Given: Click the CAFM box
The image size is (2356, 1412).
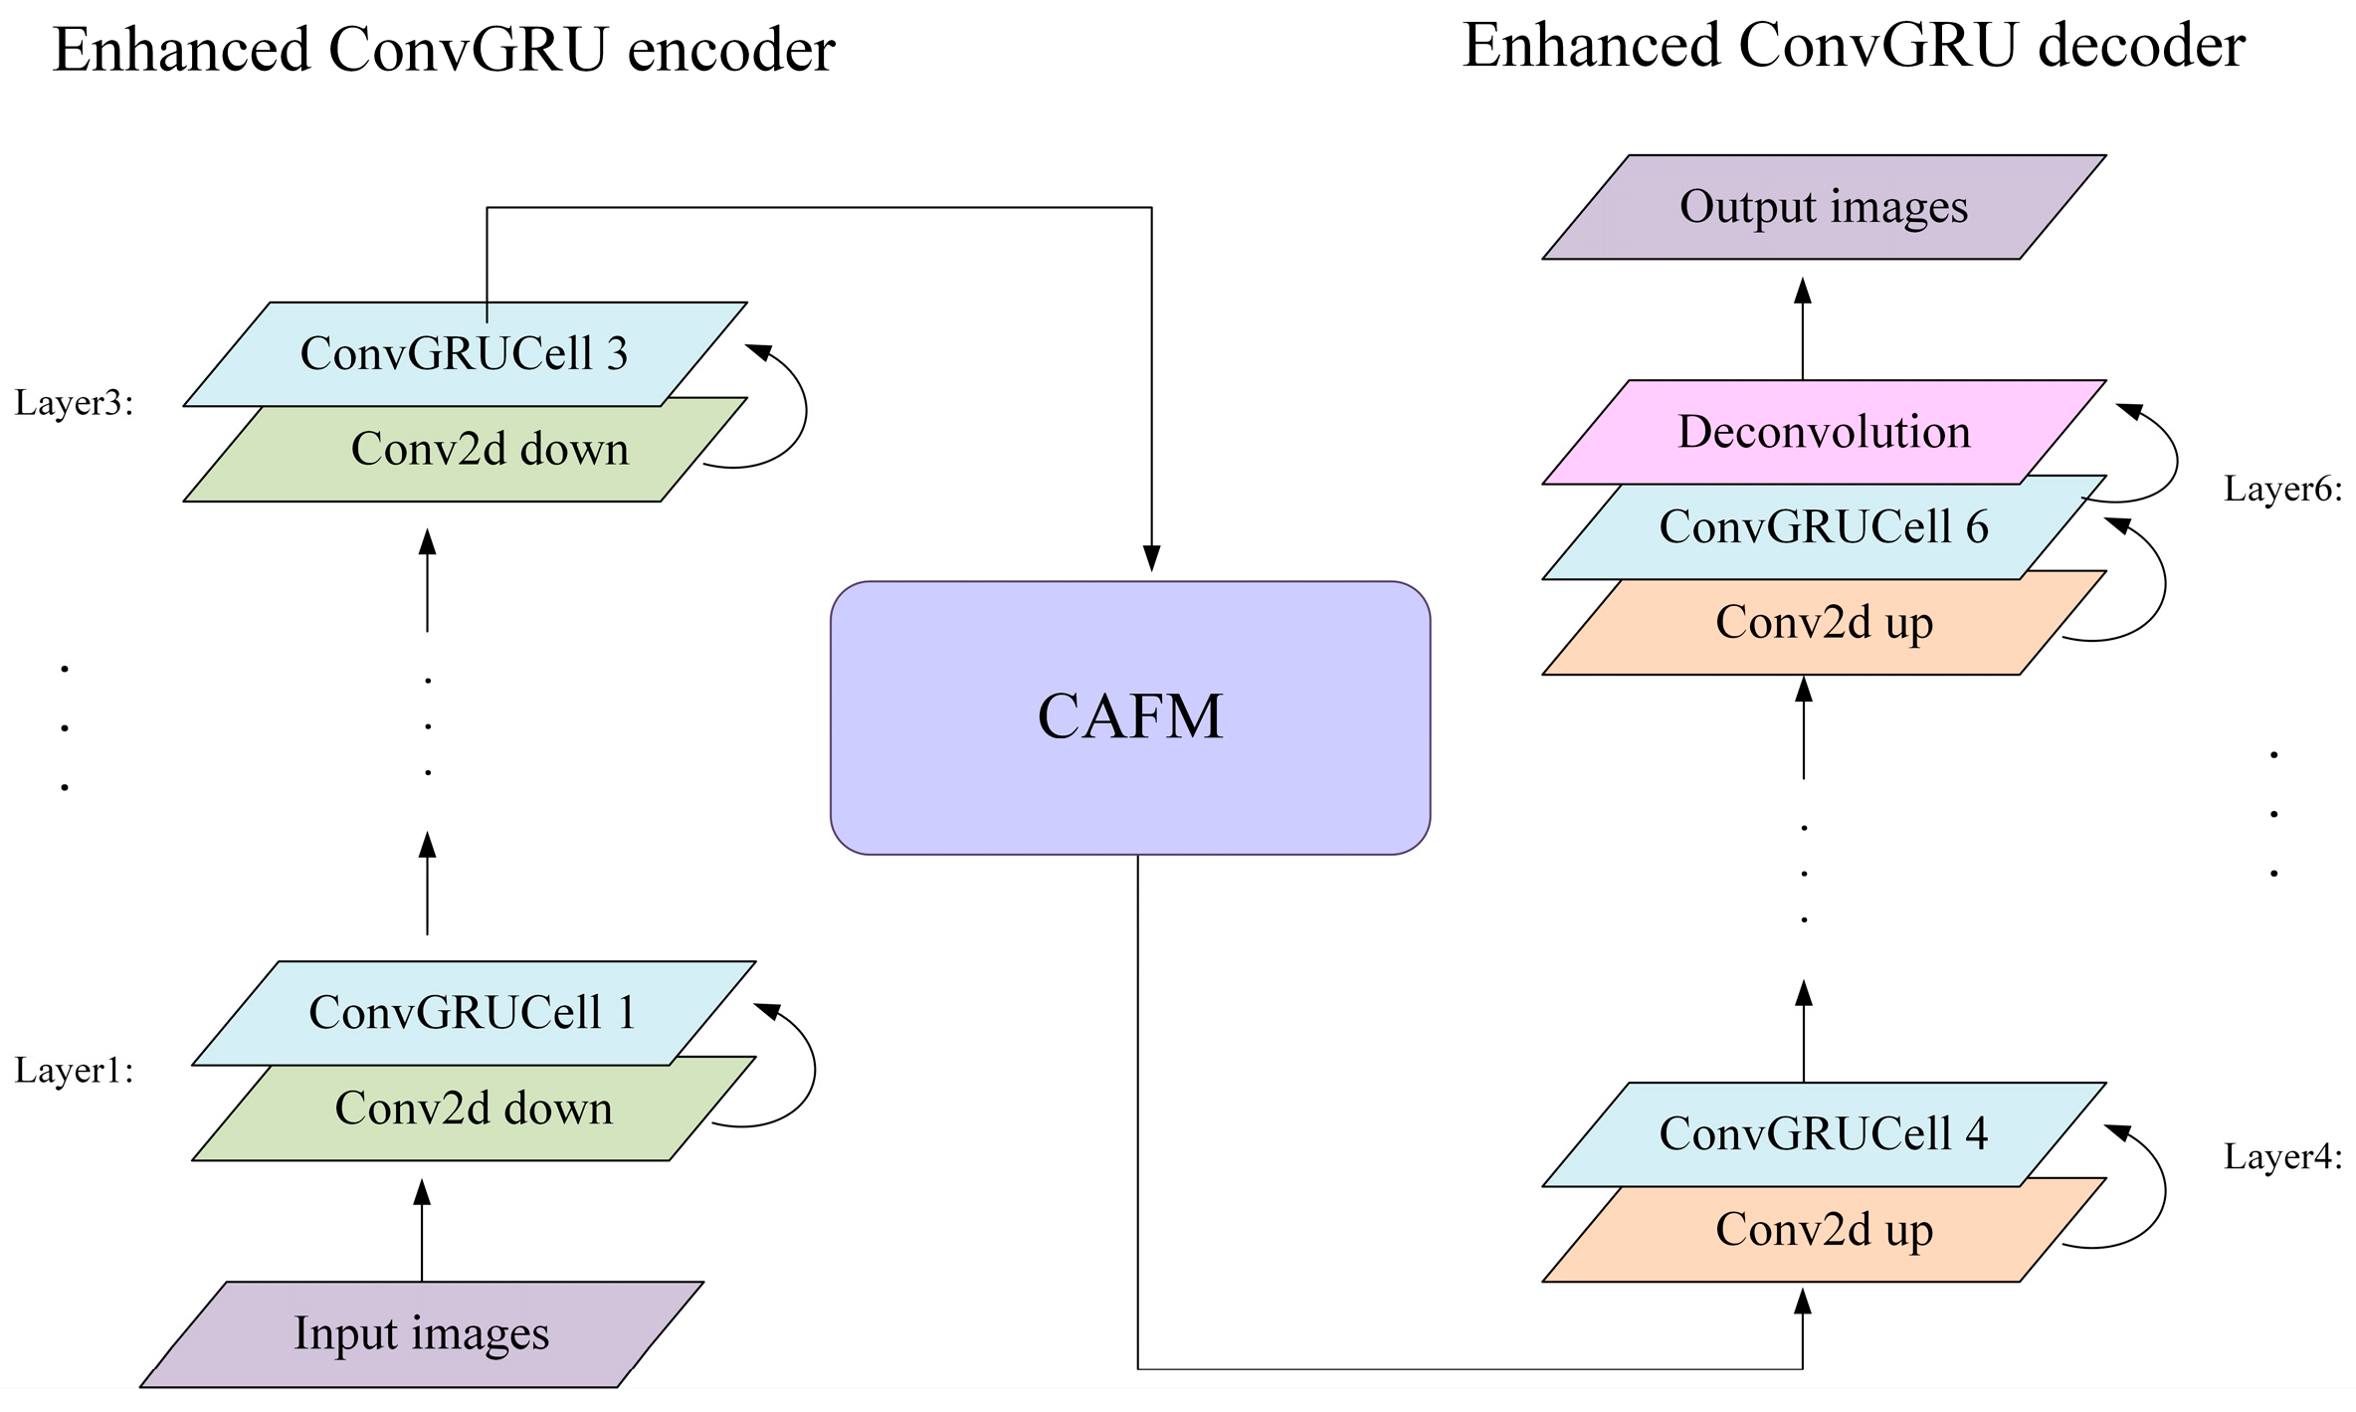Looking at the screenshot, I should [x=1130, y=717].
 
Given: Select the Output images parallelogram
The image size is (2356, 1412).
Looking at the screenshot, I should [x=1824, y=207].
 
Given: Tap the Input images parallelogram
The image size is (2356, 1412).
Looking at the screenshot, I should [x=422, y=1333].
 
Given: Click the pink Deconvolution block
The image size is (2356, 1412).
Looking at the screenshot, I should [x=1824, y=432].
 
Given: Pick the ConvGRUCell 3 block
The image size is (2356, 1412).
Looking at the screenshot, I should [x=465, y=353].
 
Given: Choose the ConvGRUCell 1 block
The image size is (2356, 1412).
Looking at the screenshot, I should [x=473, y=1013].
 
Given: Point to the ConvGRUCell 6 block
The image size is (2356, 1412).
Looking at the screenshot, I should [x=1824, y=527].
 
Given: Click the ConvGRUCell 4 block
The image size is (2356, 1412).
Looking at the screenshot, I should [x=1824, y=1134].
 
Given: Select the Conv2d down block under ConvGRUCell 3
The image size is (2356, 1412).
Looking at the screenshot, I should [x=490, y=450].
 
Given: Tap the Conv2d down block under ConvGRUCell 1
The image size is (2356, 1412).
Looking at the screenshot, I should [x=474, y=1109].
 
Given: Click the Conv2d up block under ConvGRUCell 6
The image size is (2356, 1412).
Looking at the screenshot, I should [x=1824, y=623].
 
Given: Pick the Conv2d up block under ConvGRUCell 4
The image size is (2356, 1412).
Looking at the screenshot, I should [x=1824, y=1230].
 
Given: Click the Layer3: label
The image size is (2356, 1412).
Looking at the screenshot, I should [x=74, y=403].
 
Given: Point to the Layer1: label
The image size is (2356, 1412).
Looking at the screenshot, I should [x=74, y=1071].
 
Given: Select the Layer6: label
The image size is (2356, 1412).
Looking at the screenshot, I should [x=2282, y=489].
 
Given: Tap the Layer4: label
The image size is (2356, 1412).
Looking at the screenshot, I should [x=2282, y=1156].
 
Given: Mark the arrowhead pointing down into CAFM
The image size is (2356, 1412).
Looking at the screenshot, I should [x=1151, y=558].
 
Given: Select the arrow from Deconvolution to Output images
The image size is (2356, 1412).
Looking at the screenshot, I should [x=1803, y=328].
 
